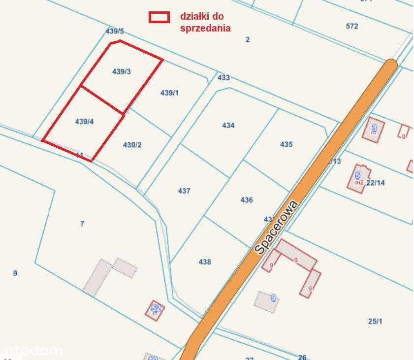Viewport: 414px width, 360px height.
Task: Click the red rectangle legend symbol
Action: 159,17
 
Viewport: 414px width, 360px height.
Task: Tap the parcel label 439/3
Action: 122,71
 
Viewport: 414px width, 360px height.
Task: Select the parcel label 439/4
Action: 84,121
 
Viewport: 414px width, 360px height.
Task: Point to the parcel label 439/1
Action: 170,93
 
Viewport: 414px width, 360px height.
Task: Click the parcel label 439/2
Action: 132,144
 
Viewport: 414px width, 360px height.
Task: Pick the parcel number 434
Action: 228,126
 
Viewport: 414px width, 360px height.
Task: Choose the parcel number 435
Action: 286,144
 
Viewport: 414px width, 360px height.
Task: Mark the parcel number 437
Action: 184,191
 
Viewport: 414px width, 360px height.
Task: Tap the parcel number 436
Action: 247,199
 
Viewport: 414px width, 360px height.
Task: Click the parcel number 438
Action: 205,262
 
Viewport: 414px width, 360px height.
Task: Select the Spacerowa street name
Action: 276,227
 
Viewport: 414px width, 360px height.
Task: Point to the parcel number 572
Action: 352,26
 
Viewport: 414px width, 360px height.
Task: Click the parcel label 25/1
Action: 375,321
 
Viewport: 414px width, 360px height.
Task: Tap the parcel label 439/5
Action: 115,31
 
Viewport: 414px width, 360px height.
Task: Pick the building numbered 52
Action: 156,310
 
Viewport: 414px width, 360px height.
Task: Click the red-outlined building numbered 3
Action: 374,130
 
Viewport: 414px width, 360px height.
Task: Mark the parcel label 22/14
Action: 376,182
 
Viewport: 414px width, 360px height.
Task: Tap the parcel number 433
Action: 223,77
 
